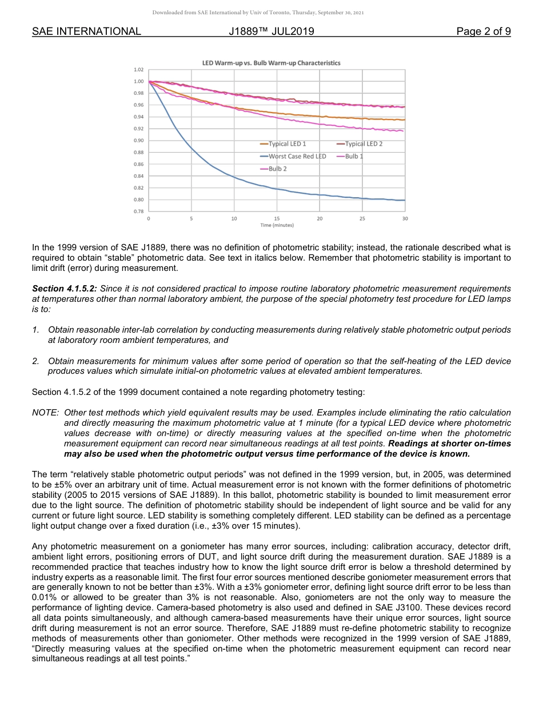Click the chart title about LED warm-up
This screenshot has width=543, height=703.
tap(271, 63)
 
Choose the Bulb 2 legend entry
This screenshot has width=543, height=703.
tap(277, 169)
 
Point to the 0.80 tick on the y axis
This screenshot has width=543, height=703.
tap(139, 199)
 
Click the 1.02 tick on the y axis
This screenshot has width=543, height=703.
tap(139, 69)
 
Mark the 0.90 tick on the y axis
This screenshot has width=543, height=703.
tap(139, 141)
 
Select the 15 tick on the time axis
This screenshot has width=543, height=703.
tap(277, 219)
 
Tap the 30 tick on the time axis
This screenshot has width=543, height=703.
tap(405, 219)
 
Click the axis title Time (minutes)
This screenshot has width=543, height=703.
tap(277, 225)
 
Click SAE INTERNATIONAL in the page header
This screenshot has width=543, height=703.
tap(86, 31)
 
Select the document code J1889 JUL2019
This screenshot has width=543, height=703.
tap(271, 31)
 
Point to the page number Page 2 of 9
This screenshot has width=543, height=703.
tap(484, 31)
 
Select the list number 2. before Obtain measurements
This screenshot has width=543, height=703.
tap(35, 361)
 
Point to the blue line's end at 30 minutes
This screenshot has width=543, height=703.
tap(404, 200)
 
